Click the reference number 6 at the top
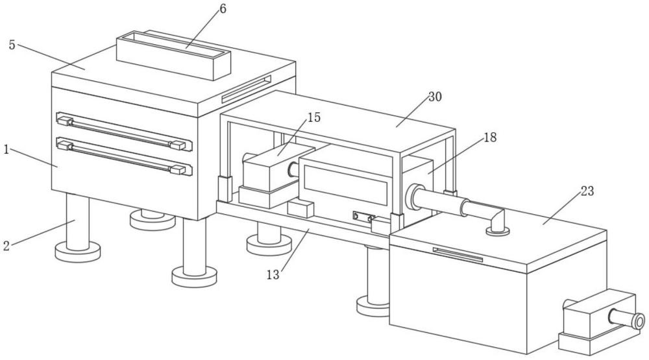pos(223,8)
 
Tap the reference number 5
pos(12,45)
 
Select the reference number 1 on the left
pos(6,149)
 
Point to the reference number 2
pos(6,246)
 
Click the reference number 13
pos(273,274)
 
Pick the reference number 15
pos(314,117)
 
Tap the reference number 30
pos(435,97)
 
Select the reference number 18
pos(490,138)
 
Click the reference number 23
pos(587,191)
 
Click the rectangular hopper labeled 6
pos(173,55)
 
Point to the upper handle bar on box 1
pos(124,131)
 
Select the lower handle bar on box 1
pos(124,156)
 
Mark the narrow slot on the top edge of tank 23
pos(458,255)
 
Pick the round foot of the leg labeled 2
pos(78,252)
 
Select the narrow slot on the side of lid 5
pos(246,89)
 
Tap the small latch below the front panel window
pos(363,217)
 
